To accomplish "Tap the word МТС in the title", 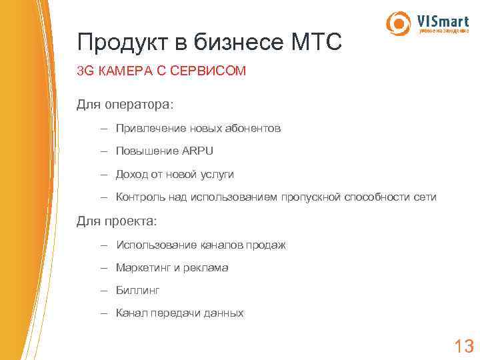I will (x=316, y=43).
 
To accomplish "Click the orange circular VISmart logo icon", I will (x=399, y=23).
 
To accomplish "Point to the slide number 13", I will (x=463, y=346).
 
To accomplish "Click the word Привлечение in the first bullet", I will (x=147, y=128).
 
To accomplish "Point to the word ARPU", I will (x=198, y=151).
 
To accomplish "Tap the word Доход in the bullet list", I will (x=131, y=174).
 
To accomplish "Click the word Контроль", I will (x=139, y=197).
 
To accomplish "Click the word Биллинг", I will (x=138, y=291).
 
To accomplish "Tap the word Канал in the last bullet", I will (x=131, y=313).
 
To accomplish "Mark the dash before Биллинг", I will (x=105, y=291).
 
